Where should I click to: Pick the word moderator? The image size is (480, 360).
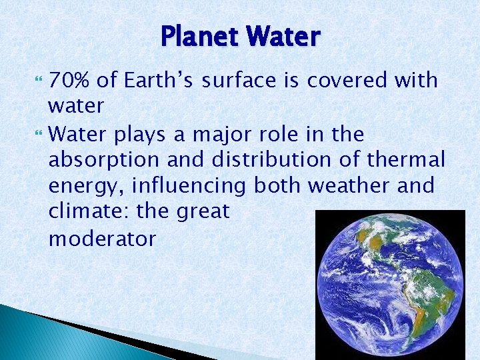[x=102, y=239]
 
